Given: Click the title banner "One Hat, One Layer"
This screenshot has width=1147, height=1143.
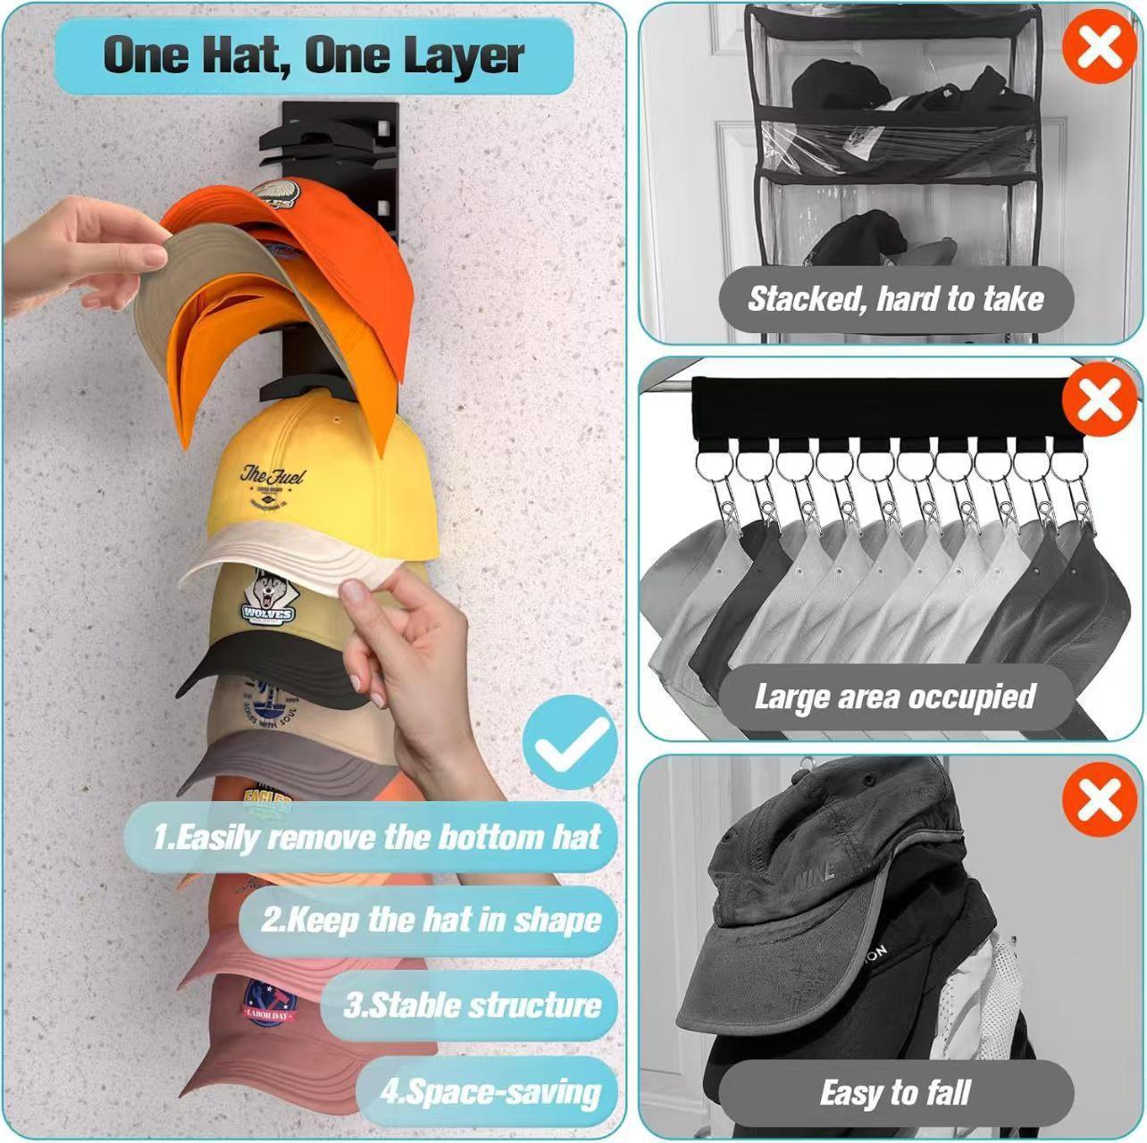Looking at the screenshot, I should [x=314, y=55].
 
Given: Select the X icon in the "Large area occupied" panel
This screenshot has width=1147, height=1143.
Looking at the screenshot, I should [x=1099, y=402].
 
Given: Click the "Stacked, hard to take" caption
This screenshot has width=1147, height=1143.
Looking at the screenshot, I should [x=896, y=298].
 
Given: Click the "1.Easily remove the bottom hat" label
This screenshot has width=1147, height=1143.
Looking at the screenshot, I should [x=375, y=837].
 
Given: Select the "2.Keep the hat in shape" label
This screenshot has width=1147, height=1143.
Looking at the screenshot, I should [x=431, y=920].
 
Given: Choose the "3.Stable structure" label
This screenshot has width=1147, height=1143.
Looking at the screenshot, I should [x=473, y=1005].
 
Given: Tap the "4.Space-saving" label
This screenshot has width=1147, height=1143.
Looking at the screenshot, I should [x=490, y=1091].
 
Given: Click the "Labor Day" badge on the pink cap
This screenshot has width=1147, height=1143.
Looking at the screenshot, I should [x=269, y=1003].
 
